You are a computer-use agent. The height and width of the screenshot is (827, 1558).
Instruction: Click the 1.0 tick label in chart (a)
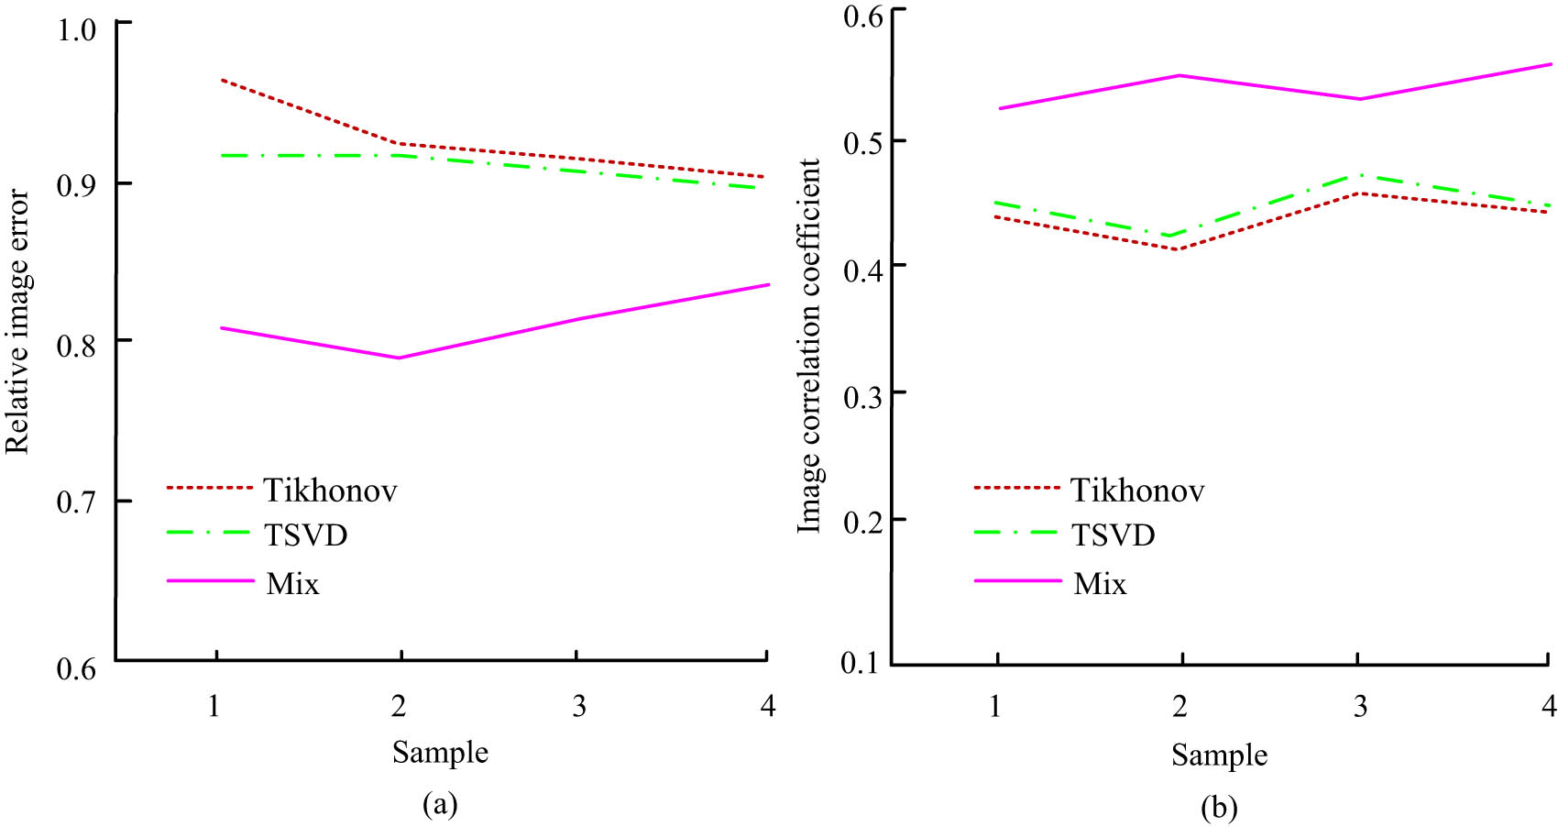(x=76, y=28)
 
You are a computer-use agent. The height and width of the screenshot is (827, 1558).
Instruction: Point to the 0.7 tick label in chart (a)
(x=76, y=502)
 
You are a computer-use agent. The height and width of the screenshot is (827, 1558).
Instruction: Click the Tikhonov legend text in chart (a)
(x=330, y=491)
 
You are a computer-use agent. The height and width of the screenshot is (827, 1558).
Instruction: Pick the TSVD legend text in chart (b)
(x=1113, y=535)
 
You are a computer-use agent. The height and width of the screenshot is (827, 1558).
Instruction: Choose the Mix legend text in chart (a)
(x=292, y=583)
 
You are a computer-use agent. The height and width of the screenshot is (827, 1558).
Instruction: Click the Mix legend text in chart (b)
(x=1100, y=583)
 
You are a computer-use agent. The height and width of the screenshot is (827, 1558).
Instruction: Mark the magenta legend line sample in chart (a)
(x=210, y=580)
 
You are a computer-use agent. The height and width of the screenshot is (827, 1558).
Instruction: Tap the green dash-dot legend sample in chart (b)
(x=1016, y=532)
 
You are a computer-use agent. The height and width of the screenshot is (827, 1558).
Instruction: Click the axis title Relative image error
(x=18, y=322)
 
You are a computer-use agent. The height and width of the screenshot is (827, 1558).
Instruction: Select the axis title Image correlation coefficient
(x=809, y=346)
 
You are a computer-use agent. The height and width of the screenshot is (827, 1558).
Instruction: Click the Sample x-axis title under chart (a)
(x=440, y=753)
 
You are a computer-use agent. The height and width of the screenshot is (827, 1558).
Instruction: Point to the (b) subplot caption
(x=1219, y=808)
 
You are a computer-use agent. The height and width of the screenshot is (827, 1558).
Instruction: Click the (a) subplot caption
(x=440, y=804)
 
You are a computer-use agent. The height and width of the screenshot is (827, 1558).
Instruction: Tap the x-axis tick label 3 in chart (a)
(x=579, y=705)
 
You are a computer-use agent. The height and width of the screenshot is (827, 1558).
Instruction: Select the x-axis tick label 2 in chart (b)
(x=1179, y=705)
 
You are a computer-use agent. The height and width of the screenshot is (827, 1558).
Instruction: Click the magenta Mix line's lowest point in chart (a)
(x=400, y=358)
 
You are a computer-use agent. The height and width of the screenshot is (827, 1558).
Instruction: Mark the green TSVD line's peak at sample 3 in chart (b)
(x=1357, y=174)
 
